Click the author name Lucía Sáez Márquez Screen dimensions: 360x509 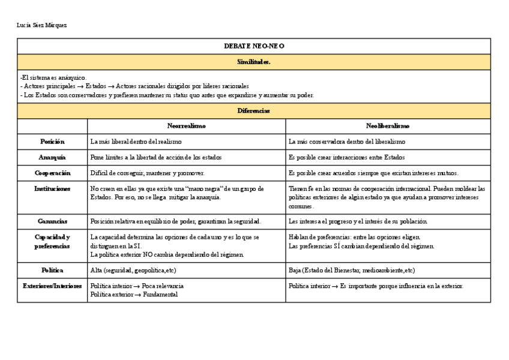click(x=42, y=25)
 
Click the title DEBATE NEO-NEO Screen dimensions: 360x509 click(x=254, y=46)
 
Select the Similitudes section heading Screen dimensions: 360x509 click(x=254, y=62)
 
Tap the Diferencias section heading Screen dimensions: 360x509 click(x=254, y=111)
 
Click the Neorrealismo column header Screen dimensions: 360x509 click(x=186, y=126)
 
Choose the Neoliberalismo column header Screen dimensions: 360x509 click(x=388, y=126)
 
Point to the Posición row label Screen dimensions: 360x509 click(x=52, y=142)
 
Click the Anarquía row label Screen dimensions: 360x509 click(x=52, y=157)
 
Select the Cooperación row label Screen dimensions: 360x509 click(x=52, y=173)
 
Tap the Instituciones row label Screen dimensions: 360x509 click(x=52, y=188)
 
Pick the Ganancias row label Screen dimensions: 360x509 click(x=52, y=221)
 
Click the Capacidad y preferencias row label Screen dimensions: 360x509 click(x=52, y=241)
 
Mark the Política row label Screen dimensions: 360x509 click(x=52, y=271)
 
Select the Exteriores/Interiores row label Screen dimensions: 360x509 click(x=52, y=286)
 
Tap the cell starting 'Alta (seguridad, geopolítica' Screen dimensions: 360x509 click(x=133, y=271)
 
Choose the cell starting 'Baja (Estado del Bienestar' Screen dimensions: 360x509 click(x=351, y=271)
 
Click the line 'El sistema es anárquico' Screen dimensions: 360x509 click(x=53, y=77)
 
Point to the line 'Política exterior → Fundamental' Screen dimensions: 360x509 click(x=134, y=295)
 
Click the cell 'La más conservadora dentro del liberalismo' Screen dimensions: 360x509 click(x=346, y=142)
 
